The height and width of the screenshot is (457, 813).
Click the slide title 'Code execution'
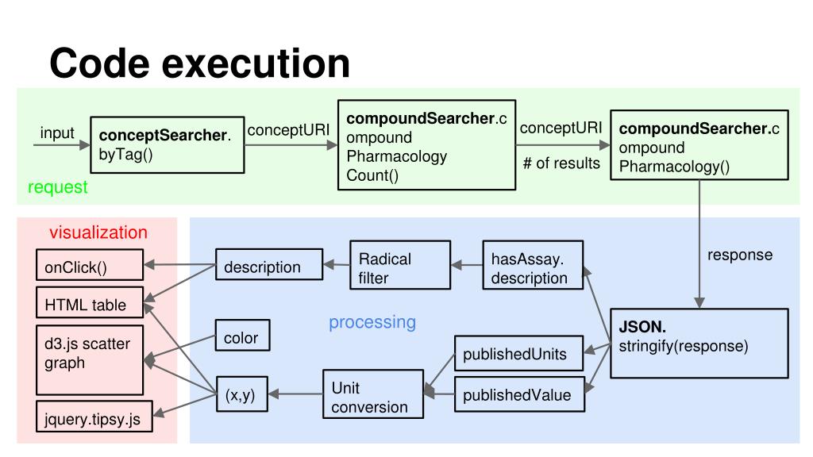[x=199, y=63]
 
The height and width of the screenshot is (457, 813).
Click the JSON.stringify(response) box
[x=699, y=343]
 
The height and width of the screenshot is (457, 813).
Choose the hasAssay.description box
[x=533, y=268]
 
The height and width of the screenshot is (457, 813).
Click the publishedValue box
[x=518, y=394]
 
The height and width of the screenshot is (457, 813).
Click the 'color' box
[x=242, y=338]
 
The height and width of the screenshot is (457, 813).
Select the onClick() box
[x=90, y=267]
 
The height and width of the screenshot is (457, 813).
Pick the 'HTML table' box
[x=90, y=305]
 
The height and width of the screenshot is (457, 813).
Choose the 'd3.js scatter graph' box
[x=90, y=359]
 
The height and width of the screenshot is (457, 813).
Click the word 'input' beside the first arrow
[x=57, y=133]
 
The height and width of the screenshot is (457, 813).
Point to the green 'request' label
[x=58, y=187]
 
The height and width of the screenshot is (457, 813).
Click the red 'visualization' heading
[x=98, y=232]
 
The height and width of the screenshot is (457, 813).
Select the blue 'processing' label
[x=372, y=322]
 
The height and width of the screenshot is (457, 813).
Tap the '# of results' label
[x=561, y=163]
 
